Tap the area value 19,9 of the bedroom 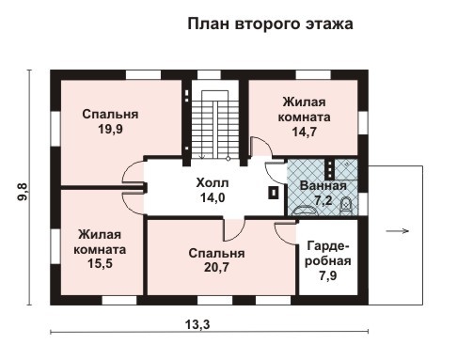click(110, 130)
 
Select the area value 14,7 click(303, 133)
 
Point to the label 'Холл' click(212, 182)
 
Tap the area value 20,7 click(203, 269)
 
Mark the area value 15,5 click(99, 266)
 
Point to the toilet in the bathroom click(345, 202)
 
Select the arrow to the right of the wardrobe click(398, 229)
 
